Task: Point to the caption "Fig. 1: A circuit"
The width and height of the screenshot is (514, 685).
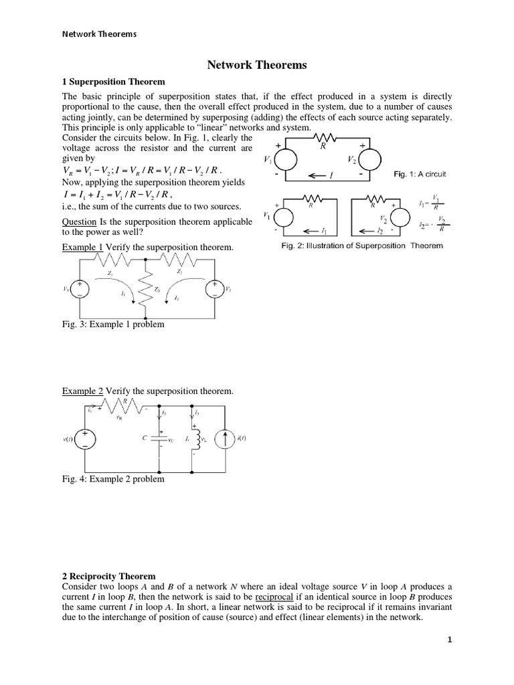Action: pos(420,174)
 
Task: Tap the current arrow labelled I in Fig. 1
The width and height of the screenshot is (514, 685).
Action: pos(321,175)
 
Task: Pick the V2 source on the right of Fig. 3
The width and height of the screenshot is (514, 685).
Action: pos(216,289)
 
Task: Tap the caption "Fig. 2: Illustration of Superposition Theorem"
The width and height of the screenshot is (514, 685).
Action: pos(361,245)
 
